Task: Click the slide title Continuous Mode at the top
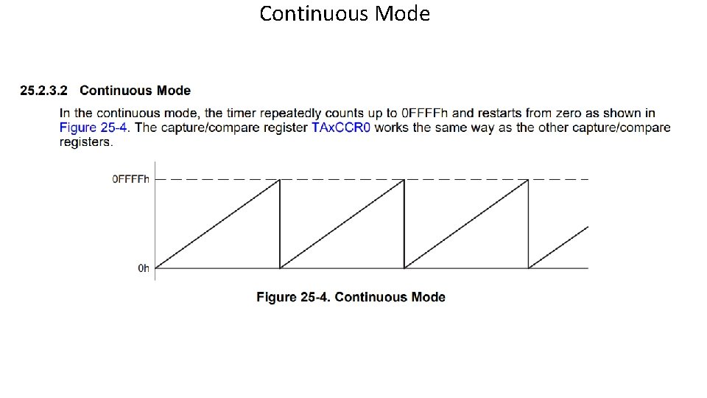tap(345, 14)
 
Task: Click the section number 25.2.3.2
tap(43, 91)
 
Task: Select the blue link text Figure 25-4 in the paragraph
tap(94, 127)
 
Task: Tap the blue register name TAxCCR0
tap(341, 127)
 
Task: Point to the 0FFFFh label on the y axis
tap(130, 179)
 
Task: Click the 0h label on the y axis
tap(144, 268)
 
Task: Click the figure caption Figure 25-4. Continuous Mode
tap(351, 297)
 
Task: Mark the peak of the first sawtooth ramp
tap(280, 179)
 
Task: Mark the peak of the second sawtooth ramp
tap(404, 179)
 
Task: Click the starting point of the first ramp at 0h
tap(156, 268)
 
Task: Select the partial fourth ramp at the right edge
tap(560, 246)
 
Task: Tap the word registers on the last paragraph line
tap(86, 142)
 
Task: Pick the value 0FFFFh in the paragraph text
tap(425, 113)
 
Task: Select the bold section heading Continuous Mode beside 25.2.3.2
tap(135, 91)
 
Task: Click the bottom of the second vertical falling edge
tap(404, 267)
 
